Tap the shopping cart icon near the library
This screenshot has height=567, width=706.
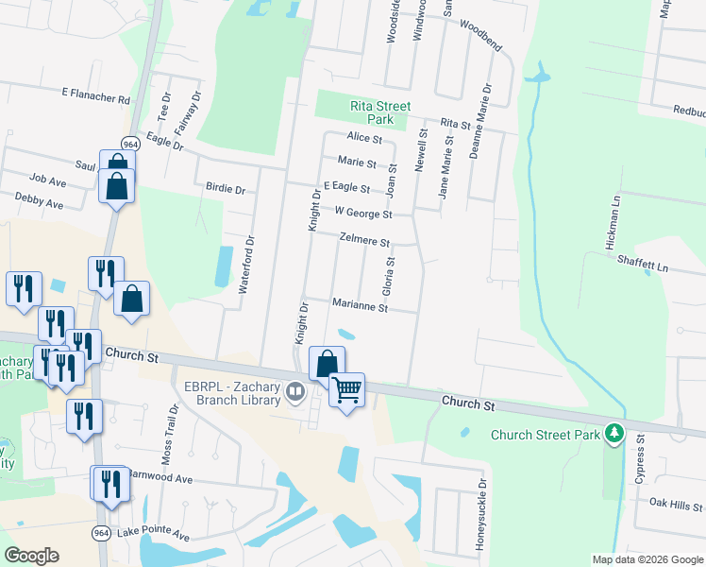pos(347,387)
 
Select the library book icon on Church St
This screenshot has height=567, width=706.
pos(295,390)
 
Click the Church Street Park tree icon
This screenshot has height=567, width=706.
pos(615,434)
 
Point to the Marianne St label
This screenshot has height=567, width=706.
pos(360,306)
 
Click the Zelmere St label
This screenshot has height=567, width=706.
pos(365,242)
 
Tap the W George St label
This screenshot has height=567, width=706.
pos(357,214)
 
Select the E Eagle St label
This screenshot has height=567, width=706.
pos(346,188)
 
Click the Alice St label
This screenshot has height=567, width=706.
pos(364,138)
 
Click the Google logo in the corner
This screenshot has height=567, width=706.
pos(31,556)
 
